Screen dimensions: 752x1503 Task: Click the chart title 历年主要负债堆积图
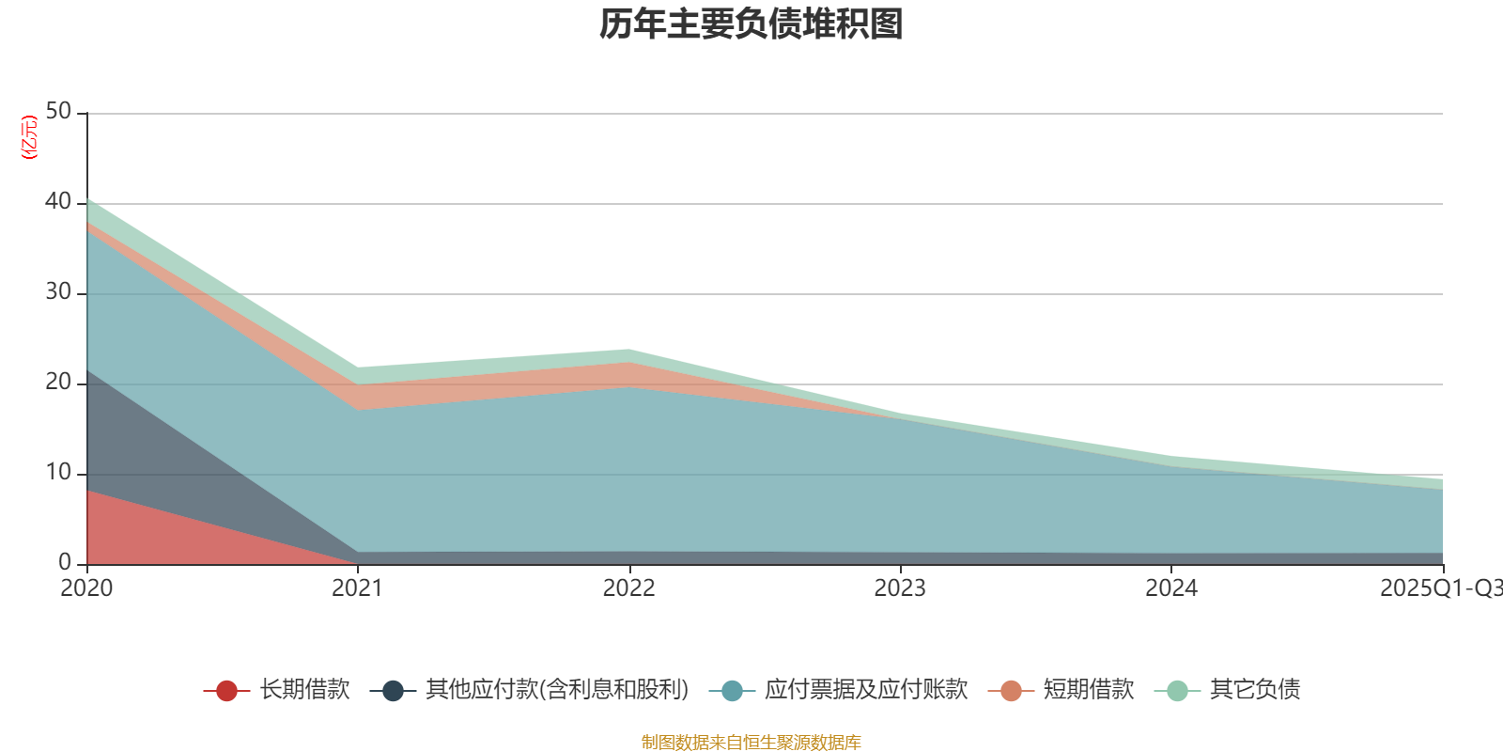(751, 24)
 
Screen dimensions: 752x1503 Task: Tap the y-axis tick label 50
(58, 112)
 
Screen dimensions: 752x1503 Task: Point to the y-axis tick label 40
(58, 202)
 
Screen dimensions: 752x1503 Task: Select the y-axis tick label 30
(58, 292)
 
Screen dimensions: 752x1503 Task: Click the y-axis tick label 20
(58, 383)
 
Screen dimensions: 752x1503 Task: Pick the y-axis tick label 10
(58, 473)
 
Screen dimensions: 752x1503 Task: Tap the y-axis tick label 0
(65, 563)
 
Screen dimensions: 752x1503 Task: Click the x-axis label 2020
(86, 588)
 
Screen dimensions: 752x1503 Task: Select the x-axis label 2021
(357, 588)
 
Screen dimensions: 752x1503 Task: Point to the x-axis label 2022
(628, 588)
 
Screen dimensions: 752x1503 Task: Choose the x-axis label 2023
(900, 588)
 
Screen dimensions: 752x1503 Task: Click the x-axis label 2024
(1170, 588)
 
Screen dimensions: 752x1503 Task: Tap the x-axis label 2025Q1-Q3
(1440, 588)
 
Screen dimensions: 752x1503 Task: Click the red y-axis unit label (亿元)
(29, 137)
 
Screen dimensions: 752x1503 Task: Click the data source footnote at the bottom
(751, 743)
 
